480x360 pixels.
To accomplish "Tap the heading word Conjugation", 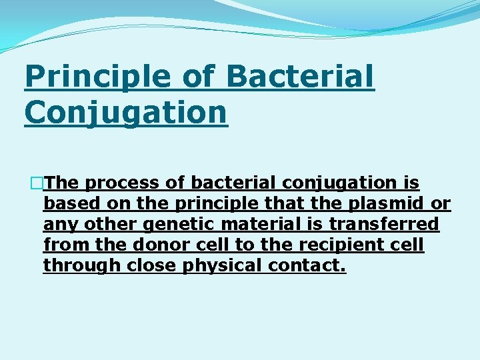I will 125,111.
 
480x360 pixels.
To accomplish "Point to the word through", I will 76,265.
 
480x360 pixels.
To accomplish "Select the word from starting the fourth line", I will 61,245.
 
